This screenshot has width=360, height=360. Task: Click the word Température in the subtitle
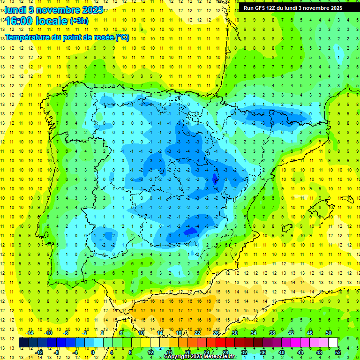(x=26, y=37)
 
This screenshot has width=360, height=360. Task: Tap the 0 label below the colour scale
(x=93, y=352)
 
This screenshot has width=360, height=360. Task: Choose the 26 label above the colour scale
(x=216, y=333)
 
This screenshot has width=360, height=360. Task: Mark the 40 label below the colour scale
(x=281, y=352)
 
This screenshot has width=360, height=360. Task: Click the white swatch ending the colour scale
(x=333, y=343)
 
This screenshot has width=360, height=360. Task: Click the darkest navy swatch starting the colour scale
(x=23, y=343)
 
